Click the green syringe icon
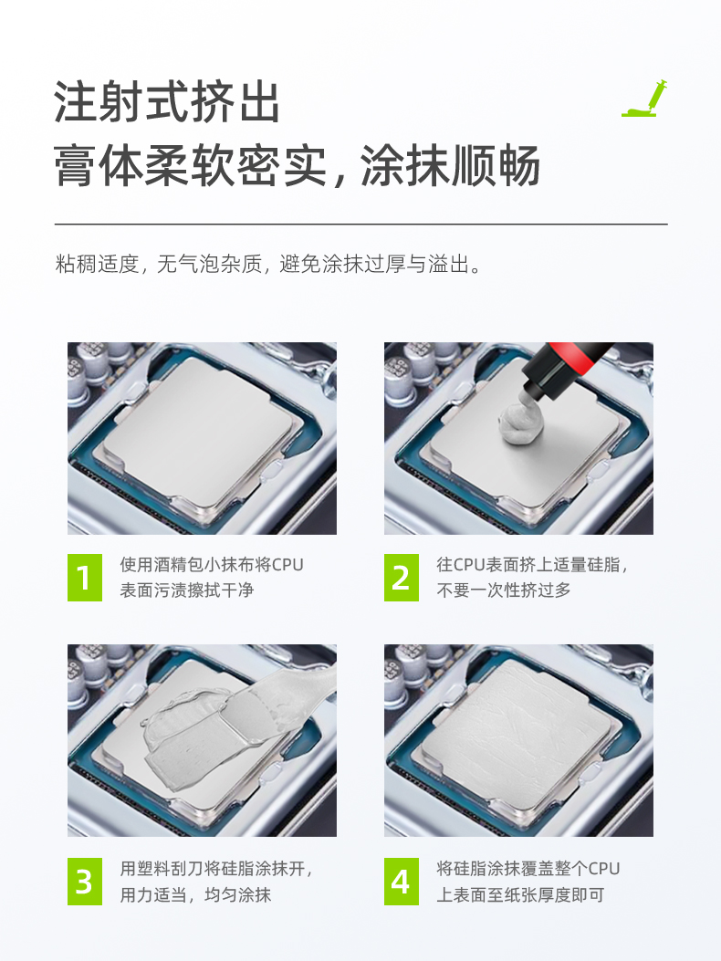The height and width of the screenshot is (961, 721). (645, 99)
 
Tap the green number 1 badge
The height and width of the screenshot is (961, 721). (85, 578)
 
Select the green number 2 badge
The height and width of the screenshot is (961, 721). (402, 578)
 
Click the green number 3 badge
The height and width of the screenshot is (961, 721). (85, 882)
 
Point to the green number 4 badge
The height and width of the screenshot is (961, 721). (402, 882)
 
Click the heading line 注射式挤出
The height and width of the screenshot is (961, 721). (167, 101)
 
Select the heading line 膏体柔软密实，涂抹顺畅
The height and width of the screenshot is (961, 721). (297, 165)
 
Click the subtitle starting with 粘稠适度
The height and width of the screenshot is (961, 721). (268, 264)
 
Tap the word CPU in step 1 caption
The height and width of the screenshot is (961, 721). (287, 565)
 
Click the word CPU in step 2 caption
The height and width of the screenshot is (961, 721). (469, 565)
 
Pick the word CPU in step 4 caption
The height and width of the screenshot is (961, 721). (604, 869)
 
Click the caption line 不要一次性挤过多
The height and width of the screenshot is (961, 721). (504, 590)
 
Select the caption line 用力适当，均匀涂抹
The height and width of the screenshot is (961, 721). (195, 894)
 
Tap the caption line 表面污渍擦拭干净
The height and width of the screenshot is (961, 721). (187, 590)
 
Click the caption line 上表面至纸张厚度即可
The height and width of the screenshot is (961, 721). (520, 894)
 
